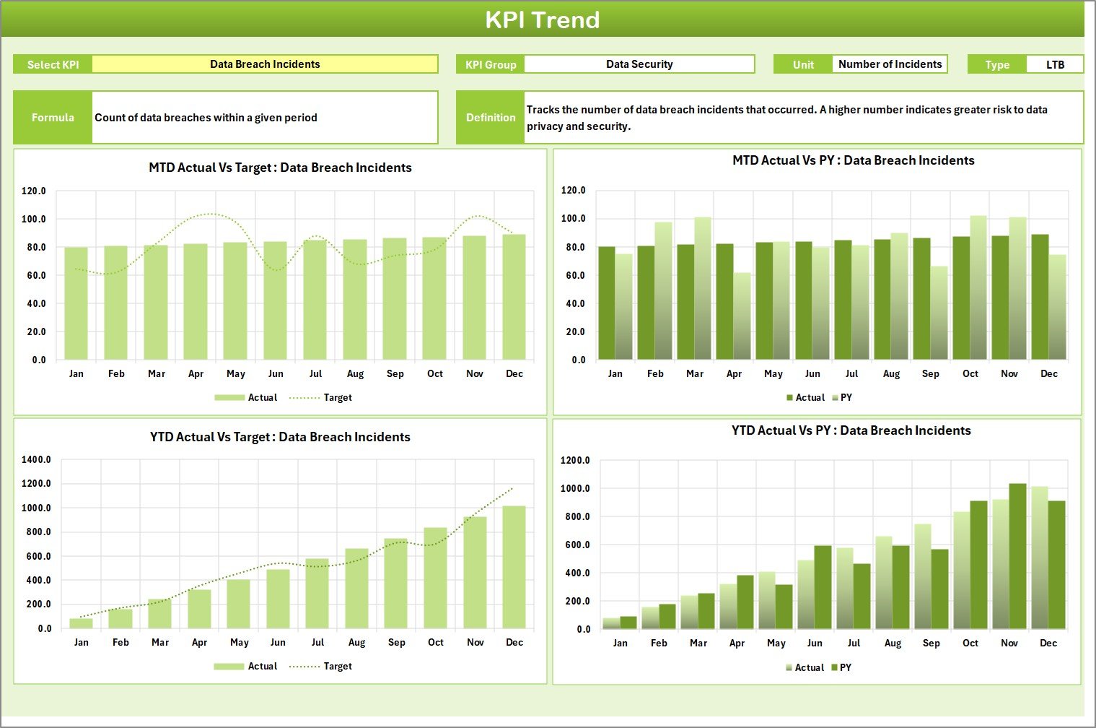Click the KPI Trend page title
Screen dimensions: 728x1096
pyautogui.click(x=542, y=19)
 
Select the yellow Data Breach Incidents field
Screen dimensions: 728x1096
pyautogui.click(x=265, y=64)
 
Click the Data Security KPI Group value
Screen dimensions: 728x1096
pyautogui.click(x=639, y=64)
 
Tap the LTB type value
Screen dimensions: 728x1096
pyautogui.click(x=1055, y=64)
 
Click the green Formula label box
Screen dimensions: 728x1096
pyautogui.click(x=53, y=117)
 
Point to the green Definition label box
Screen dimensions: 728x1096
pyautogui.click(x=491, y=117)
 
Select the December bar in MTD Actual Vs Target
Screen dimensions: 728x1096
pyautogui.click(x=514, y=297)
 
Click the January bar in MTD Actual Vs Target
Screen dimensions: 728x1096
pyautogui.click(x=76, y=303)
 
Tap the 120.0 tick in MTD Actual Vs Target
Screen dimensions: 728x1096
pyautogui.click(x=33, y=191)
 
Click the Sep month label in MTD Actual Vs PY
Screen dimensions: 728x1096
pyautogui.click(x=931, y=373)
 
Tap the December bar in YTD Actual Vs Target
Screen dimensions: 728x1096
pyautogui.click(x=514, y=567)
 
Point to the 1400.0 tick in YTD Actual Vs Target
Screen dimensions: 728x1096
pyautogui.click(x=36, y=459)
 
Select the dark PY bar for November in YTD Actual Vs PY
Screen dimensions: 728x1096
pyautogui.click(x=1017, y=556)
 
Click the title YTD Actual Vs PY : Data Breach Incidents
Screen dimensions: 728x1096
pyautogui.click(x=851, y=430)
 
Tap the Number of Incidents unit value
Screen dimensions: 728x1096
pyautogui.click(x=890, y=64)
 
